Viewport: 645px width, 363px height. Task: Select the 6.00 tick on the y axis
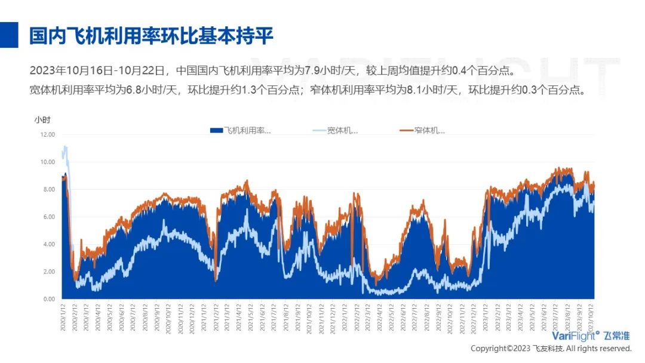(48, 217)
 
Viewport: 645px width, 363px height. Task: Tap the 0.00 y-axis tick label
(48, 299)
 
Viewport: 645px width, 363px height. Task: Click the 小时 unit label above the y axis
(42, 119)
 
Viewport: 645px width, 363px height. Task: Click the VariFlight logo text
(575, 336)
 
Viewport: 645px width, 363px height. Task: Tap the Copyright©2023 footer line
(551, 348)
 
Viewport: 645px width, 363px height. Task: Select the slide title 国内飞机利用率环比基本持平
(152, 36)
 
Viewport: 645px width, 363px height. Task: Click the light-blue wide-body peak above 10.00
(65, 147)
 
